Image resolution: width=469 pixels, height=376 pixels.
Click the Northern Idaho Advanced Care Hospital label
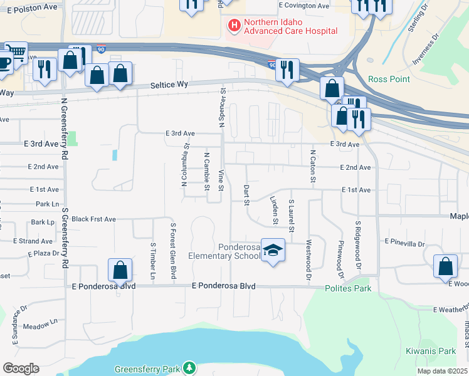(290, 26)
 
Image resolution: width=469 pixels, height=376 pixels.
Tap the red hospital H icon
(234, 26)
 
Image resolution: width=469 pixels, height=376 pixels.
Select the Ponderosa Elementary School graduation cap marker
(273, 251)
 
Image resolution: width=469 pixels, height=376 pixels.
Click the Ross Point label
(389, 79)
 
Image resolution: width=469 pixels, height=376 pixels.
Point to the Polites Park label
(348, 288)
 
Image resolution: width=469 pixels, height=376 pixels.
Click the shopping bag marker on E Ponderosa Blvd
(120, 271)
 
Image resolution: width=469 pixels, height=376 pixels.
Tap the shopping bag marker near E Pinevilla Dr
(445, 266)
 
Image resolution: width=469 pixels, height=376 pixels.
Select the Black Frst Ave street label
(93, 219)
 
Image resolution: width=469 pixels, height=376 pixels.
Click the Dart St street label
(246, 195)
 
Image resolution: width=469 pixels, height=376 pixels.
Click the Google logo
(21, 368)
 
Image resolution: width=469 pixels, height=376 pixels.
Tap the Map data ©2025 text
(441, 371)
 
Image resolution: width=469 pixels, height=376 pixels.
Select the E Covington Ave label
(304, 5)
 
